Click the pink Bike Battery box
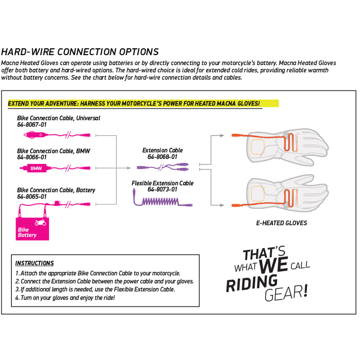[x=32, y=229]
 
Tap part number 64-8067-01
[x=32, y=124]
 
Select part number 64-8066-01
[x=32, y=157]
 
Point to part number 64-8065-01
[x=32, y=197]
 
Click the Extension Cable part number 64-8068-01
[x=162, y=157]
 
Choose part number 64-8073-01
[x=162, y=189]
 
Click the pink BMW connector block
[x=36, y=168]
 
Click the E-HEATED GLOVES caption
[x=281, y=223]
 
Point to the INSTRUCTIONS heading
[x=34, y=263]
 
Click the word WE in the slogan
[x=274, y=265]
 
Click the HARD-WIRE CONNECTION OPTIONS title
[x=80, y=52]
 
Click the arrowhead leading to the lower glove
[x=222, y=205]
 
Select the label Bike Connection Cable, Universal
[x=58, y=118]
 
